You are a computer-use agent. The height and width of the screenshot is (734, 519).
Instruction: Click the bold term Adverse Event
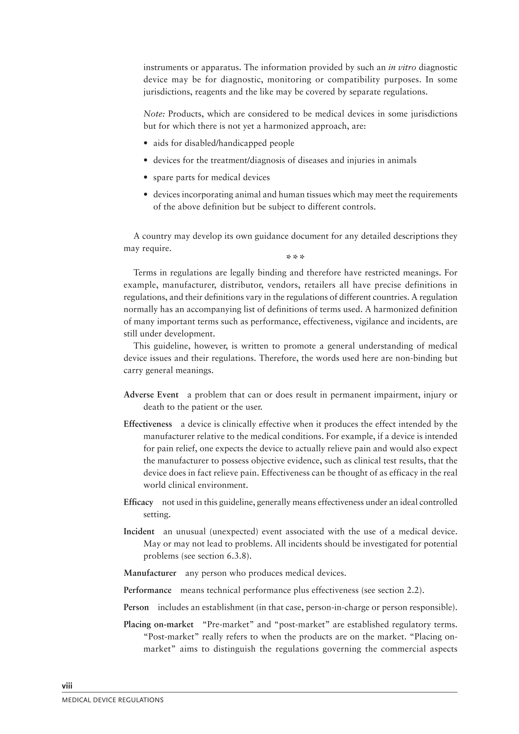pyautogui.click(x=151, y=395)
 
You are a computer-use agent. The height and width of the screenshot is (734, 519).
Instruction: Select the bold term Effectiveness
pyautogui.click(x=148, y=424)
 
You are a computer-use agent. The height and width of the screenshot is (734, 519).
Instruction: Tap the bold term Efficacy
pyautogui.click(x=138, y=502)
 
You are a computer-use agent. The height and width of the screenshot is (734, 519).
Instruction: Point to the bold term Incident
pyautogui.click(x=139, y=532)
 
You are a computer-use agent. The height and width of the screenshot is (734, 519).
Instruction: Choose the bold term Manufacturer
pyautogui.click(x=150, y=573)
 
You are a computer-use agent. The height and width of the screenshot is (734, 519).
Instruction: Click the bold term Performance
pyautogui.click(x=148, y=590)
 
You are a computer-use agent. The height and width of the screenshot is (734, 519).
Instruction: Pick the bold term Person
pyautogui.click(x=136, y=607)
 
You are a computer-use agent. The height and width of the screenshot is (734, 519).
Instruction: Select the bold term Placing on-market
pyautogui.click(x=159, y=624)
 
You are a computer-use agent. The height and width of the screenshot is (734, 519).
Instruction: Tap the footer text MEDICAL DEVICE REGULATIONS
pyautogui.click(x=113, y=700)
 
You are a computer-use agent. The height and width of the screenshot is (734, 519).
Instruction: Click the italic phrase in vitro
pyautogui.click(x=402, y=67)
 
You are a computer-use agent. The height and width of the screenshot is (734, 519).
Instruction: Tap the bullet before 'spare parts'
pyautogui.click(x=146, y=178)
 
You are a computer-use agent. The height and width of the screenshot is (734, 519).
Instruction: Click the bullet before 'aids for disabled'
pyautogui.click(x=146, y=144)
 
